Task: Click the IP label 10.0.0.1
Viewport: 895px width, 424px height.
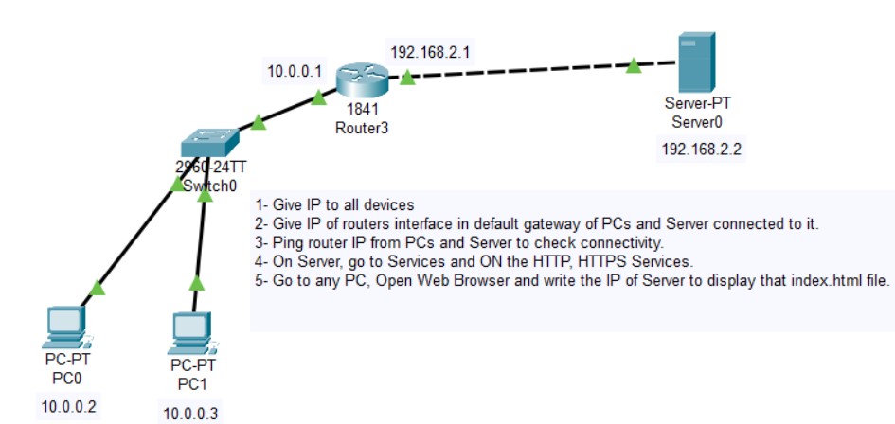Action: click(x=295, y=70)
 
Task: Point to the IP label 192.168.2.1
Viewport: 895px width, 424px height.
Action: click(x=430, y=52)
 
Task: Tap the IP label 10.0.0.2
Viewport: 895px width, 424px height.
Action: click(x=68, y=408)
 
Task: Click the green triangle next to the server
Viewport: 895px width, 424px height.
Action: click(x=633, y=65)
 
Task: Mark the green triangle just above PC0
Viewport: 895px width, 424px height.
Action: click(x=98, y=287)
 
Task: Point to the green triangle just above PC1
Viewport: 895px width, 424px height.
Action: click(x=196, y=282)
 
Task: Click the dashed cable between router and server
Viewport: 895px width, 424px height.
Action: click(x=521, y=71)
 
